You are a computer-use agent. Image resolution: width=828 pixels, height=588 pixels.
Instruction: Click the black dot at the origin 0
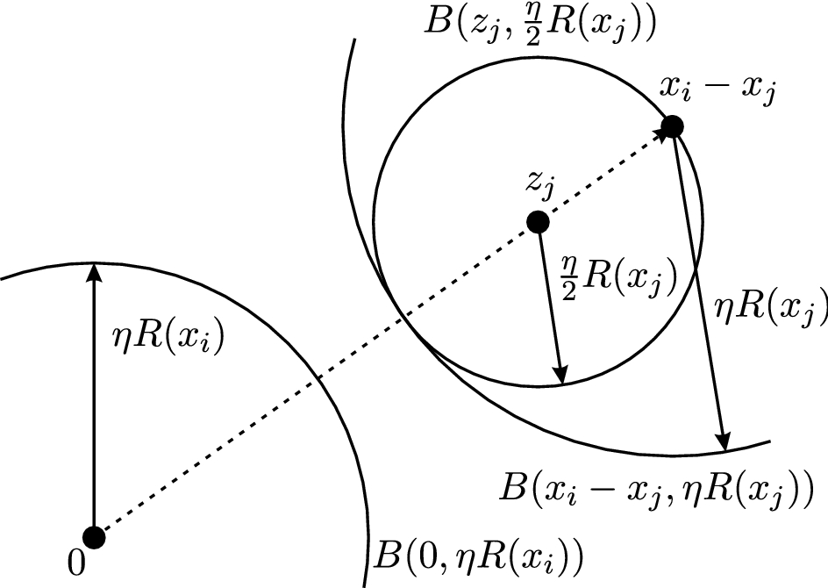pyautogui.click(x=94, y=535)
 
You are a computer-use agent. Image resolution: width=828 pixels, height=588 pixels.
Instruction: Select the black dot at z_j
pyautogui.click(x=537, y=223)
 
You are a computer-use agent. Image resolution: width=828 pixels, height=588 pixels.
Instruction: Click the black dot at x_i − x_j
pyautogui.click(x=672, y=126)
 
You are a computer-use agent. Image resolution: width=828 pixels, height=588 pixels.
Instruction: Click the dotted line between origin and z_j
pyautogui.click(x=316, y=379)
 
